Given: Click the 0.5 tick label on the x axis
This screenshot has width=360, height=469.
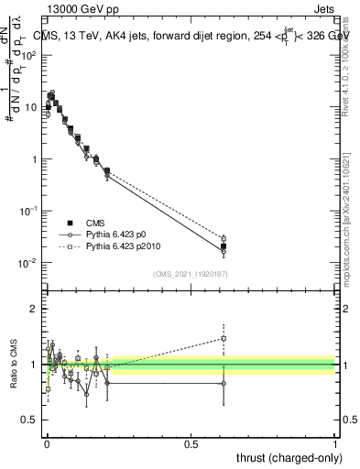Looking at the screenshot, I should point(191,442).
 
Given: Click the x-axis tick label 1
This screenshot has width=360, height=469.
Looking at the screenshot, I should point(335,442).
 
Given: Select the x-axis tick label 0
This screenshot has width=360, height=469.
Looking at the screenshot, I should point(48,442).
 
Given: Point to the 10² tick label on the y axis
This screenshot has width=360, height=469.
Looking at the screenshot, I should point(32,55).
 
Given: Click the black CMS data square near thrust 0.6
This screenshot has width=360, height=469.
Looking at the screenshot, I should point(224,246).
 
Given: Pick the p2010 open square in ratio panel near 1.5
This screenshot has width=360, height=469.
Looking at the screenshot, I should point(224,338).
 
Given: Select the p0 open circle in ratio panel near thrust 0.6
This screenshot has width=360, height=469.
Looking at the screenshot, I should point(224,384).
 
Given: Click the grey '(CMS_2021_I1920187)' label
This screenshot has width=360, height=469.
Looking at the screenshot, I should point(191,273).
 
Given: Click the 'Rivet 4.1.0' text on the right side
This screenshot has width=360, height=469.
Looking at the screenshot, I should point(352,73).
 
